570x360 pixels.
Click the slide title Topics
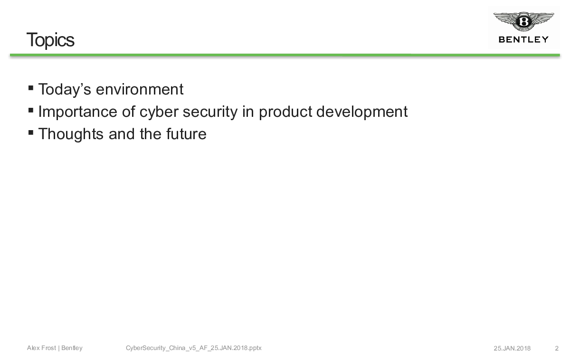tap(50, 40)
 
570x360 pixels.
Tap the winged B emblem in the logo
tap(523, 21)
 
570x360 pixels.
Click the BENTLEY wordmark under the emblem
tap(523, 40)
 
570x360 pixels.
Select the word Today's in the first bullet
tap(65, 90)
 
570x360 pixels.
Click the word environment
tap(140, 90)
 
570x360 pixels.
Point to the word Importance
tap(77, 112)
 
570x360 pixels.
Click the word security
tap(210, 112)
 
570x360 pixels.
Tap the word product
tap(285, 112)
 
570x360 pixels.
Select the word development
tap(362, 112)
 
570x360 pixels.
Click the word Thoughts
tap(71, 134)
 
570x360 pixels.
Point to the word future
tap(186, 134)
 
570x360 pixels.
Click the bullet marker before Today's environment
tap(31, 88)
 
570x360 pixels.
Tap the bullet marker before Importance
tap(31, 110)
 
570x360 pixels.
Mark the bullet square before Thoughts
tap(31, 133)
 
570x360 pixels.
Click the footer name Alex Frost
tap(41, 348)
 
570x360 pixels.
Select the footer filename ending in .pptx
tap(194, 348)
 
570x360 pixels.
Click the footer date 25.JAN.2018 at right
tap(512, 348)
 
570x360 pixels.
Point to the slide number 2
tap(557, 348)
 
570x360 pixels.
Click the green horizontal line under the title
tap(285, 55)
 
